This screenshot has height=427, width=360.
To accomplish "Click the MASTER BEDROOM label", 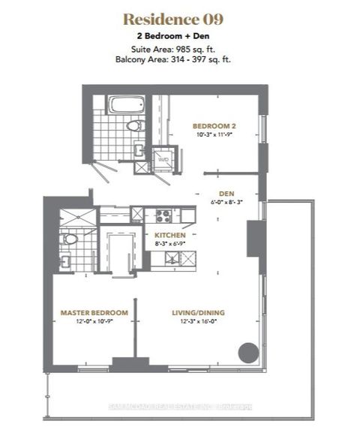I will [x=94, y=312].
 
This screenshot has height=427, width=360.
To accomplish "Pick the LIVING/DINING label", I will [x=197, y=312].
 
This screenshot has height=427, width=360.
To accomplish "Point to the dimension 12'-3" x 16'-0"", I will [x=197, y=321].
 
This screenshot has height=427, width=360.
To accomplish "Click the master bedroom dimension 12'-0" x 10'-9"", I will [x=94, y=321].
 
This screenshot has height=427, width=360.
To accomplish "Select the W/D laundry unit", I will [x=163, y=160].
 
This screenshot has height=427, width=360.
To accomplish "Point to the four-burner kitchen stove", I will [x=164, y=215].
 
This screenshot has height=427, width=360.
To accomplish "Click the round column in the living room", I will [x=246, y=351].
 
